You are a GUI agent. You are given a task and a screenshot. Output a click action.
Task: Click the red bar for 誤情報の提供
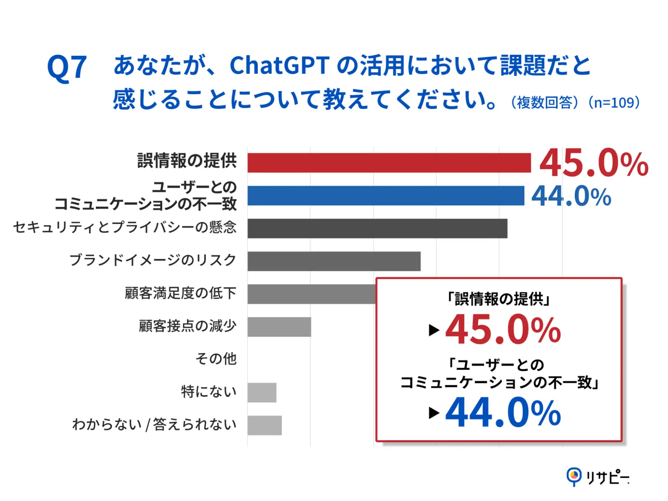coord(389,163)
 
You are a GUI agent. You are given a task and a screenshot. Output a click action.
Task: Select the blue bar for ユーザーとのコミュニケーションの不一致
coord(385,196)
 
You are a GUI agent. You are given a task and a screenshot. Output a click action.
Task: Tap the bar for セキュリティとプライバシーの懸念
coord(377,228)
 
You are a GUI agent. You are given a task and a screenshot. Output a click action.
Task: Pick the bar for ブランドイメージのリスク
coord(334,261)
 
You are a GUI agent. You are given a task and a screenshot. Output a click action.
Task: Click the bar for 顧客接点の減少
coord(279,327)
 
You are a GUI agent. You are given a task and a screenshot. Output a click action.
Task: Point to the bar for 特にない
coord(262,393)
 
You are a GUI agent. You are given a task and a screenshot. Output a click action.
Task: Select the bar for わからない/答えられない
coord(264,425)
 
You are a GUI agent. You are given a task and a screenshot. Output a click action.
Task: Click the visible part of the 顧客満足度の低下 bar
coord(311,294)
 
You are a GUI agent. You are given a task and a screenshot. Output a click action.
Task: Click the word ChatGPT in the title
coord(279,66)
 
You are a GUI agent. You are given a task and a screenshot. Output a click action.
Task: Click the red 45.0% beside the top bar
coord(593,163)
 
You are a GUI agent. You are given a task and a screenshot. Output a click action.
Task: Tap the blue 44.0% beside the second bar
coord(571,196)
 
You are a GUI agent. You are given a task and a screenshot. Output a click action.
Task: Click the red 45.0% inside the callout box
coord(503,330)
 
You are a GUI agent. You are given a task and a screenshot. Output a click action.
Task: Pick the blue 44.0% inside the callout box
coord(503,413)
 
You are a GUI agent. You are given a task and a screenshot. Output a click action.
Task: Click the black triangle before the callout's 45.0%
coord(434,330)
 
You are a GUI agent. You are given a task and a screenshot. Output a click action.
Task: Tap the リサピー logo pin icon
coord(574,476)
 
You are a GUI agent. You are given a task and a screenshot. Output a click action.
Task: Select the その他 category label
coord(216,359)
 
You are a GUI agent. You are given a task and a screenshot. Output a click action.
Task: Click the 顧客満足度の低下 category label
coord(180,293)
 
